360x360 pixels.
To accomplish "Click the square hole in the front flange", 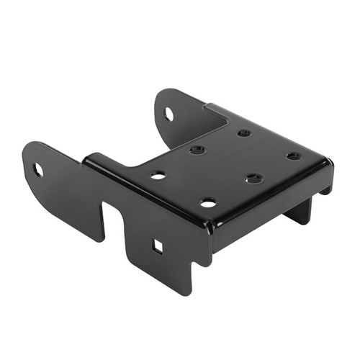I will pyautogui.click(x=157, y=247).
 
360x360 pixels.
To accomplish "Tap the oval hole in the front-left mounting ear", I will pyautogui.click(x=38, y=170).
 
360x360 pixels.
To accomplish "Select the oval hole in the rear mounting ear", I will pyautogui.click(x=168, y=114).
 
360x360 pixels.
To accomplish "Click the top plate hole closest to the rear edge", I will pyautogui.click(x=244, y=133).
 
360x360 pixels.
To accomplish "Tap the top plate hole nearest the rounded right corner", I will pyautogui.click(x=293, y=156).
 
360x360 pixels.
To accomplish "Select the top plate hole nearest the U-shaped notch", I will pyautogui.click(x=158, y=174).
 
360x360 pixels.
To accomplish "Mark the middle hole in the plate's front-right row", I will pyautogui.click(x=253, y=178).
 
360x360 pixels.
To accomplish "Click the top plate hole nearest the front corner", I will pyautogui.click(x=208, y=203).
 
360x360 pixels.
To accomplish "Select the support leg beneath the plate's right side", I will pyautogui.click(x=299, y=209).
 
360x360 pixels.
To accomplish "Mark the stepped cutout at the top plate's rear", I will pyautogui.click(x=215, y=112).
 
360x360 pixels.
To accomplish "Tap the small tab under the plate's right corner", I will pyautogui.click(x=326, y=188).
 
